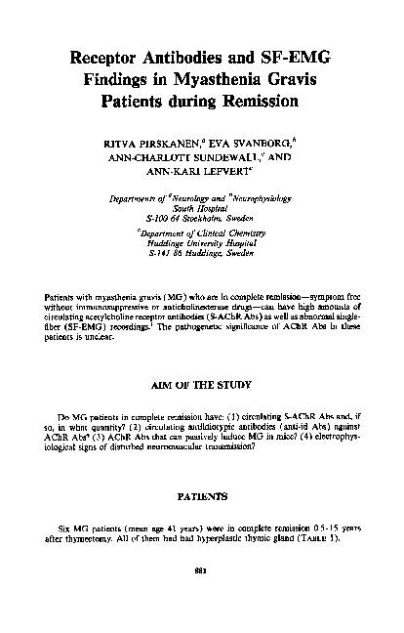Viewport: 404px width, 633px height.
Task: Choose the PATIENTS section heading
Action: point(202,497)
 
